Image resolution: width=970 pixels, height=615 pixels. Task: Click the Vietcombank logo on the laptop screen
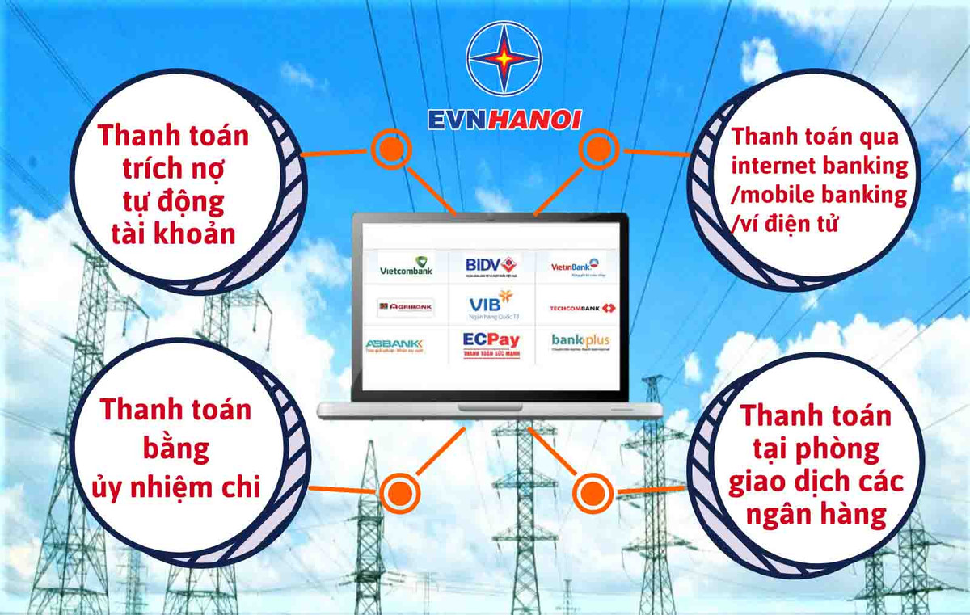click(x=407, y=267)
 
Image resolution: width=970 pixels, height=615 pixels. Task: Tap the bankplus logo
click(x=580, y=342)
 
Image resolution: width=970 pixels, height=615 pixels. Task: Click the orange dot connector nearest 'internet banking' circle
click(x=597, y=149)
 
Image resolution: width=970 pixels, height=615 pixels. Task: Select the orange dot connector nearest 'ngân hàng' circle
click(x=593, y=491)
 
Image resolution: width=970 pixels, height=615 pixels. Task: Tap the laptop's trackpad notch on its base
click(x=490, y=406)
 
